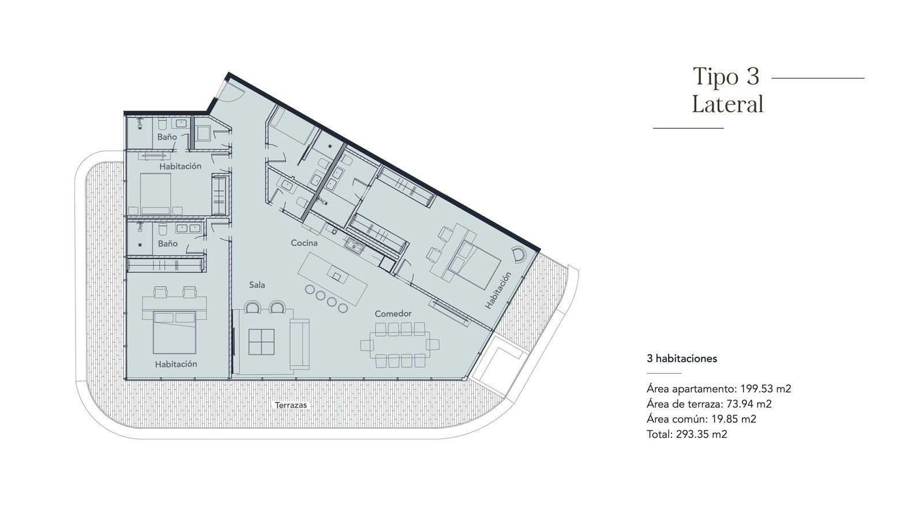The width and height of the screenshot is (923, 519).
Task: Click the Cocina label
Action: click(x=304, y=243)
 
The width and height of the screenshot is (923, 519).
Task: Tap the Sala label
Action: click(x=257, y=285)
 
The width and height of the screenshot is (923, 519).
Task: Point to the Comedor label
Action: click(x=393, y=314)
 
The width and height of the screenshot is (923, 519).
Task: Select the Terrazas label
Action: click(x=291, y=405)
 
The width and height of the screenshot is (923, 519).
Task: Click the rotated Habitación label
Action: click(x=498, y=291)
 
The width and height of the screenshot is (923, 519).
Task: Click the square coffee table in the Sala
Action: click(x=261, y=342)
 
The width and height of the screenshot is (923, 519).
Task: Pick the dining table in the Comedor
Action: click(x=400, y=345)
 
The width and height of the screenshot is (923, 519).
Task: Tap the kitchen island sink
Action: click(x=336, y=276)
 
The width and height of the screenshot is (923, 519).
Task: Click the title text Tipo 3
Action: click(x=726, y=77)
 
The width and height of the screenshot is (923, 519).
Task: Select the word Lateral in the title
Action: click(x=727, y=104)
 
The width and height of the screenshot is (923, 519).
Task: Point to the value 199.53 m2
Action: click(x=766, y=389)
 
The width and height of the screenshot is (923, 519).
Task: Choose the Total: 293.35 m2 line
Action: click(x=687, y=434)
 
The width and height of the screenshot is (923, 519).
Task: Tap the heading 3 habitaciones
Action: click(x=682, y=359)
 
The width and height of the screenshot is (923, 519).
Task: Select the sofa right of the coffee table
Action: click(x=299, y=344)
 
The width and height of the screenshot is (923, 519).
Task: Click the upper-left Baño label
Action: click(x=167, y=137)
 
